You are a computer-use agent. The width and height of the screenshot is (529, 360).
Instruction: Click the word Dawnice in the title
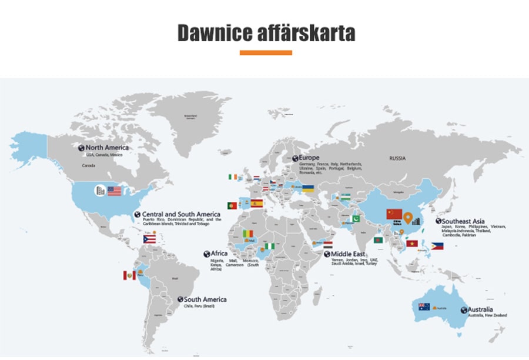click(215, 33)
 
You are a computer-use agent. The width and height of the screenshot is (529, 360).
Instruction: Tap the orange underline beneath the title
click(266, 52)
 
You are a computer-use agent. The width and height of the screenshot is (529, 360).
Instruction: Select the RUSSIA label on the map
click(397, 158)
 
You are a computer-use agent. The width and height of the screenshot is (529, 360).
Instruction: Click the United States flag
click(114, 191)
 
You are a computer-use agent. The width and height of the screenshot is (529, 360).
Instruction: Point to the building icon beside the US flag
click(100, 191)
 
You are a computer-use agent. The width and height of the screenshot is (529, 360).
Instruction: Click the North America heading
click(106, 148)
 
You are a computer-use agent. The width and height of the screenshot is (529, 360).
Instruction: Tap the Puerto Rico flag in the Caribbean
click(149, 239)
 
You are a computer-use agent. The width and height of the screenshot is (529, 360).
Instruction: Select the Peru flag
click(129, 275)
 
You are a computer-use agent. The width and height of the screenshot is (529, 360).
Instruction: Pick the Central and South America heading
click(181, 215)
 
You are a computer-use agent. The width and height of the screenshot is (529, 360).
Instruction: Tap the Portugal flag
click(232, 205)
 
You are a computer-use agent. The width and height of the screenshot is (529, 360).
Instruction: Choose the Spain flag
click(257, 204)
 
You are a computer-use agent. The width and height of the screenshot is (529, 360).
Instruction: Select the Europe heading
click(309, 158)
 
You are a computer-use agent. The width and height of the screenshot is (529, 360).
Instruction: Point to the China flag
click(394, 214)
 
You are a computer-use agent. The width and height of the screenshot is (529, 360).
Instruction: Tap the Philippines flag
click(437, 246)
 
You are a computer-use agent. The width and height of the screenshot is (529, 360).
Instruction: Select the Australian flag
click(424, 306)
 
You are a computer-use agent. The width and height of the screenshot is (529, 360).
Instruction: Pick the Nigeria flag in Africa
click(270, 246)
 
